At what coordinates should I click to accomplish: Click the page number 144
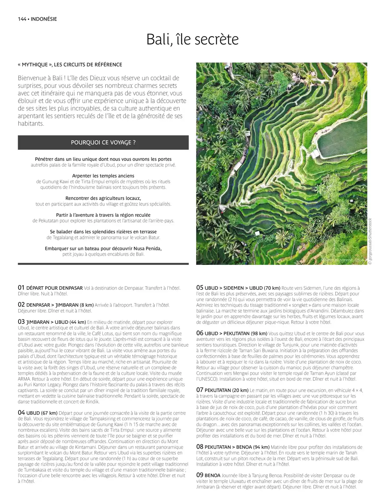point(22,19)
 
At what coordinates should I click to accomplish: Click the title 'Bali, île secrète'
point(193,39)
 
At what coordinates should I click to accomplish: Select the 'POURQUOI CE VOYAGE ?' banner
point(103,142)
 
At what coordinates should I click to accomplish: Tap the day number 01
point(21,288)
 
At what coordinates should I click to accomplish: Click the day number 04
point(21,413)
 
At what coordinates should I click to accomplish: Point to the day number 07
point(200,390)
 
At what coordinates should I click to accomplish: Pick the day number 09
point(200,475)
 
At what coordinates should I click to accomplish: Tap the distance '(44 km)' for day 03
point(77,322)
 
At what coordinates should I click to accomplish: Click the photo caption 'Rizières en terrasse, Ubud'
point(342,260)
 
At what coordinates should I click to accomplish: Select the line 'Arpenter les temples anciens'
point(103,176)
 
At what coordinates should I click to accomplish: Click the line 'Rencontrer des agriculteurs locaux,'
point(103,198)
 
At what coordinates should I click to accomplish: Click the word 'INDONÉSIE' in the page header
point(44,19)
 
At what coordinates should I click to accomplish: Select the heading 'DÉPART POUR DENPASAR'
point(54,288)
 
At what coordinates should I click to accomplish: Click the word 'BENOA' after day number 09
point(212,476)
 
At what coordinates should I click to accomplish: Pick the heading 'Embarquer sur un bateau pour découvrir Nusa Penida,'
point(103,248)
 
